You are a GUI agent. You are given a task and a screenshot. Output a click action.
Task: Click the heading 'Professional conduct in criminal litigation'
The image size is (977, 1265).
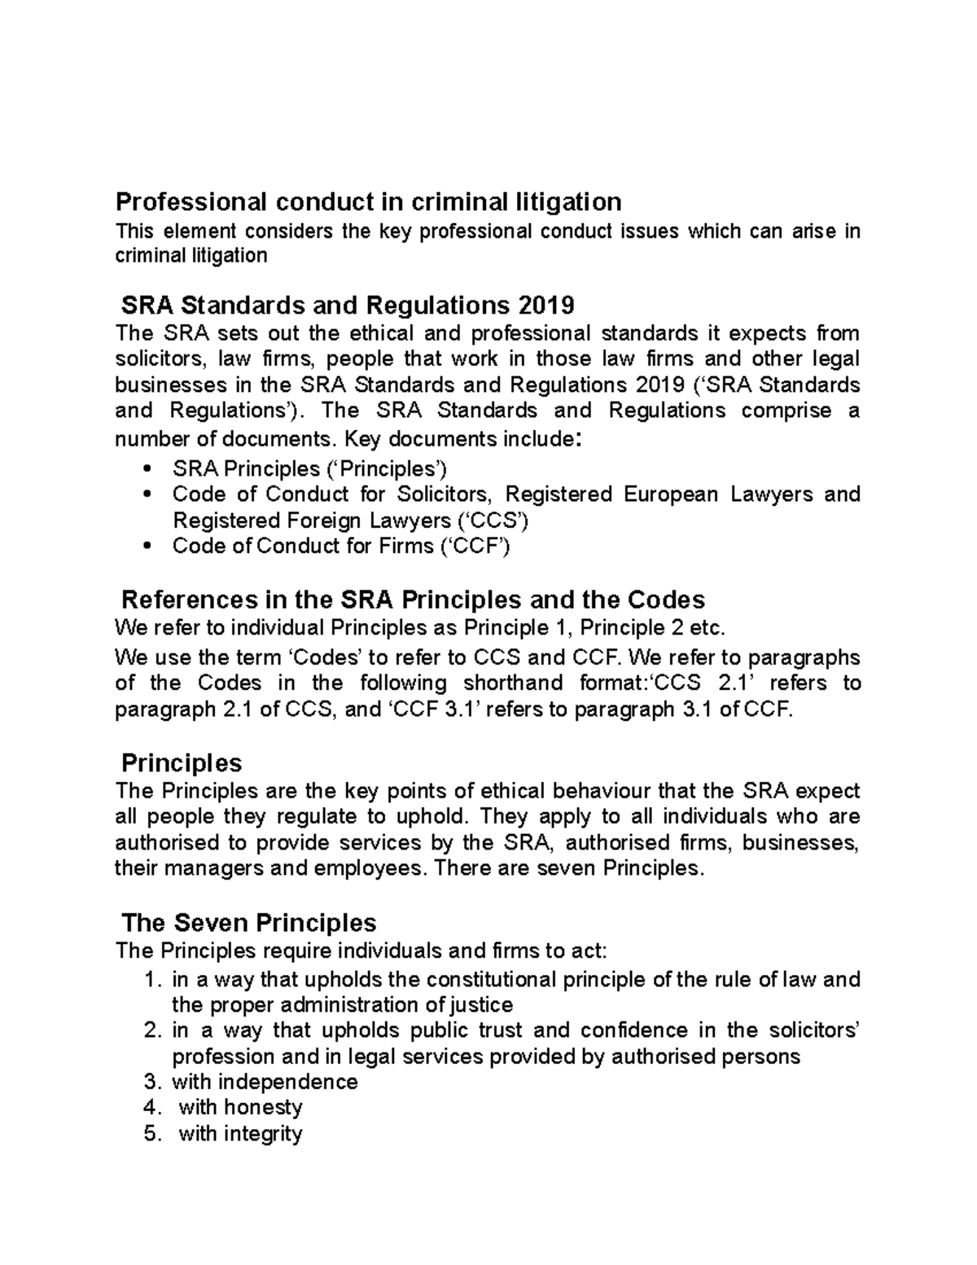coord(368,200)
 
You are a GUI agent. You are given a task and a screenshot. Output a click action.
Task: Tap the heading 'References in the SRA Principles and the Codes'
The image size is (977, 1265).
coord(413,600)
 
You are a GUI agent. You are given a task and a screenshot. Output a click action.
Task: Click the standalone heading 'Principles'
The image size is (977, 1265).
coord(182,762)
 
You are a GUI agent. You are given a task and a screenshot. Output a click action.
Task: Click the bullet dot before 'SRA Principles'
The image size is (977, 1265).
coord(146,469)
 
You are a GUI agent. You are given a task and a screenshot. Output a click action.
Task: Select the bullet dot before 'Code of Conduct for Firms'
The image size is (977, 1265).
coord(146,547)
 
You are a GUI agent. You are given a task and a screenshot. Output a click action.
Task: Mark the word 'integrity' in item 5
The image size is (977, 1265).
coord(263,1133)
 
